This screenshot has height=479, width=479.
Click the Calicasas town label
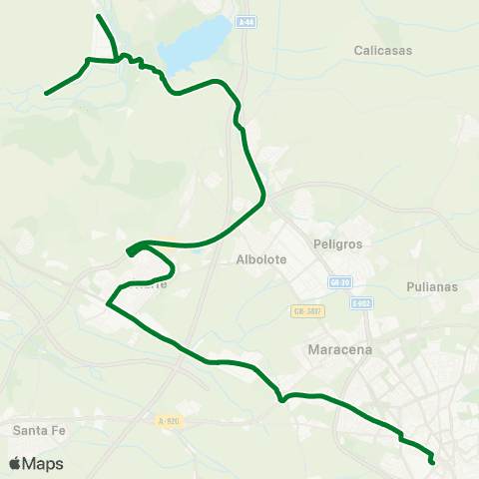383,49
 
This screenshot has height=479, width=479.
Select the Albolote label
261,259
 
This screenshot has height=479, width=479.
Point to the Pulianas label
432,286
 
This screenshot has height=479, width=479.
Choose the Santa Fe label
39,430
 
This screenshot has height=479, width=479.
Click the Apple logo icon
15,463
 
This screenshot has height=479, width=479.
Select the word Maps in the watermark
43,463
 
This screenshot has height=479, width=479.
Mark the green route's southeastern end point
432,461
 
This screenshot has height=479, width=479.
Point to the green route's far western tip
46,94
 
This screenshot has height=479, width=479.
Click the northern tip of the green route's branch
97,16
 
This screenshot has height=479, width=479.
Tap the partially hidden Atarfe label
150,283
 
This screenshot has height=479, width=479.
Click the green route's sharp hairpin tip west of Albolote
130,252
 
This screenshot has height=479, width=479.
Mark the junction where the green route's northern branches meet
118,60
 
